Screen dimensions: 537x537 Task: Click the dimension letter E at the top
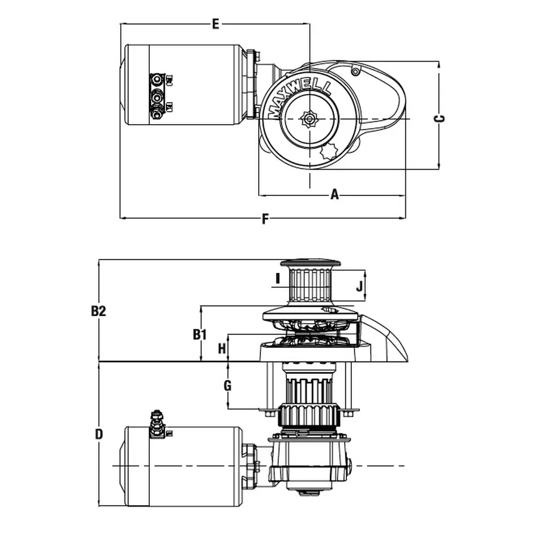[x=215, y=24]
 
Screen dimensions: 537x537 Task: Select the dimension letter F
[x=264, y=220]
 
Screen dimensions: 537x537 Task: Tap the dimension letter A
[x=335, y=194]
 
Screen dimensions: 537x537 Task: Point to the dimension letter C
[x=439, y=119]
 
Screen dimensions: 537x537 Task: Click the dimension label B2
[x=98, y=311]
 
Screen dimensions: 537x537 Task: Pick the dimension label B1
[x=200, y=335]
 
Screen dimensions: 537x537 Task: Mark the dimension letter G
[x=227, y=386]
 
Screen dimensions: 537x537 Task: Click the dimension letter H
[x=222, y=349]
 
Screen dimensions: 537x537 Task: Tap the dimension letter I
[x=277, y=279]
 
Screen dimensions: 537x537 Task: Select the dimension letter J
[x=359, y=286]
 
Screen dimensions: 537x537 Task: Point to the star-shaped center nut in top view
[x=310, y=118]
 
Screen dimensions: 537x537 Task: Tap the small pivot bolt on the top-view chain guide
[x=355, y=71]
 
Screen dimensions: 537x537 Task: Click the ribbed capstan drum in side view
[x=309, y=284]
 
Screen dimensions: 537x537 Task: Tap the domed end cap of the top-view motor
[x=122, y=84]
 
